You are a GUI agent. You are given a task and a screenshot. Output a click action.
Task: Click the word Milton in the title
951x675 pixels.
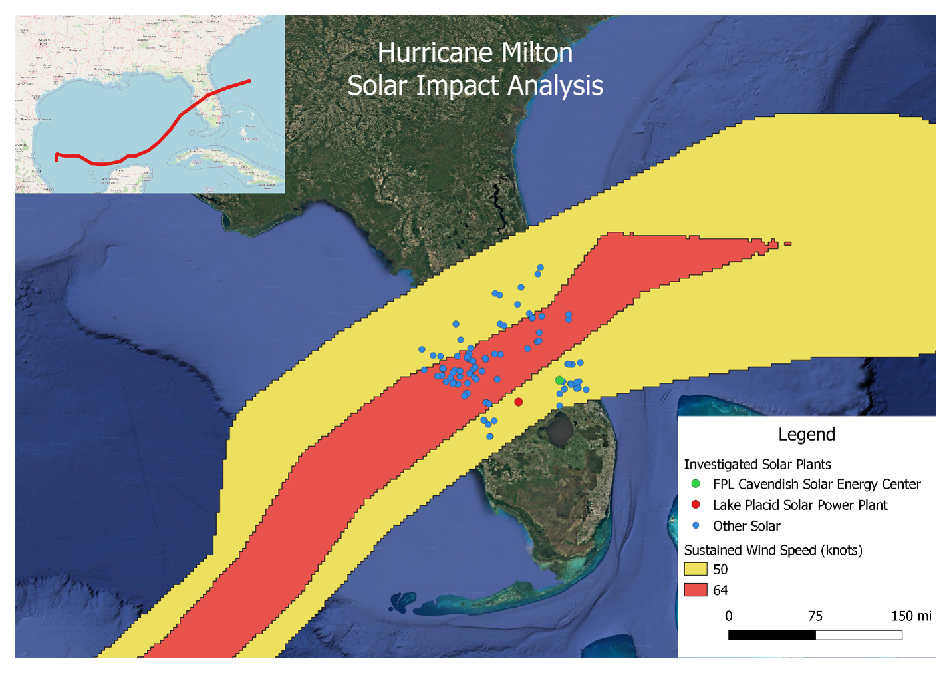[x=537, y=53]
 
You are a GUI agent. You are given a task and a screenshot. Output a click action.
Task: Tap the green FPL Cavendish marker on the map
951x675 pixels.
[x=559, y=381]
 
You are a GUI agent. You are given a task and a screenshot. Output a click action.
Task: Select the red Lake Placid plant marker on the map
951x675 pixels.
[x=519, y=402]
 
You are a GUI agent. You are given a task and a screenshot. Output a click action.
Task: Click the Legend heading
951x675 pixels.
[x=806, y=435]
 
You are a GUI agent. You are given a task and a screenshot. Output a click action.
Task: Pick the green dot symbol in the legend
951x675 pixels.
[x=696, y=484]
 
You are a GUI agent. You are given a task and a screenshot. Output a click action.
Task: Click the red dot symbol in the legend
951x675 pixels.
[x=696, y=505]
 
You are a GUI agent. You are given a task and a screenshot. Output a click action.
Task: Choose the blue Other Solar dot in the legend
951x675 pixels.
[x=696, y=525]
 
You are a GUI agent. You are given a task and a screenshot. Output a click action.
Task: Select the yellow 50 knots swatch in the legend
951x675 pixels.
[x=695, y=570]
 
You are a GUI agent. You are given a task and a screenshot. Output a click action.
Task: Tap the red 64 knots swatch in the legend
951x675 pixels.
[x=695, y=590]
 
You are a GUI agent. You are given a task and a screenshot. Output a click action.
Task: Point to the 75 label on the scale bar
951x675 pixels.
[x=815, y=616]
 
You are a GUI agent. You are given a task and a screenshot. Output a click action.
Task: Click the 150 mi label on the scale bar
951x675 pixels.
[x=910, y=616]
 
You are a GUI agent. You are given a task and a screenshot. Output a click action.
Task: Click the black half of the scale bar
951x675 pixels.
[x=771, y=635]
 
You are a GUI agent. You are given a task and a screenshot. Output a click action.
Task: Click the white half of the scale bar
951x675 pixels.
[x=859, y=635]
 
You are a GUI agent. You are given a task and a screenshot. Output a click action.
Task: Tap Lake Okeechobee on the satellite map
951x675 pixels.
[x=560, y=429]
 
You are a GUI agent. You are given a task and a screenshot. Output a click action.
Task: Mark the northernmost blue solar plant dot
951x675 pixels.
[x=541, y=268]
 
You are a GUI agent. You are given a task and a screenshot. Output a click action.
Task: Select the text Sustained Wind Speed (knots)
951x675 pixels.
[x=773, y=550]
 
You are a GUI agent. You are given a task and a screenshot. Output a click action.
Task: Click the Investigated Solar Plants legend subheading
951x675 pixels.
[x=757, y=465]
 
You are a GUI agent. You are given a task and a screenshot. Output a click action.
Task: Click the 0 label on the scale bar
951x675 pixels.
[x=729, y=616]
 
